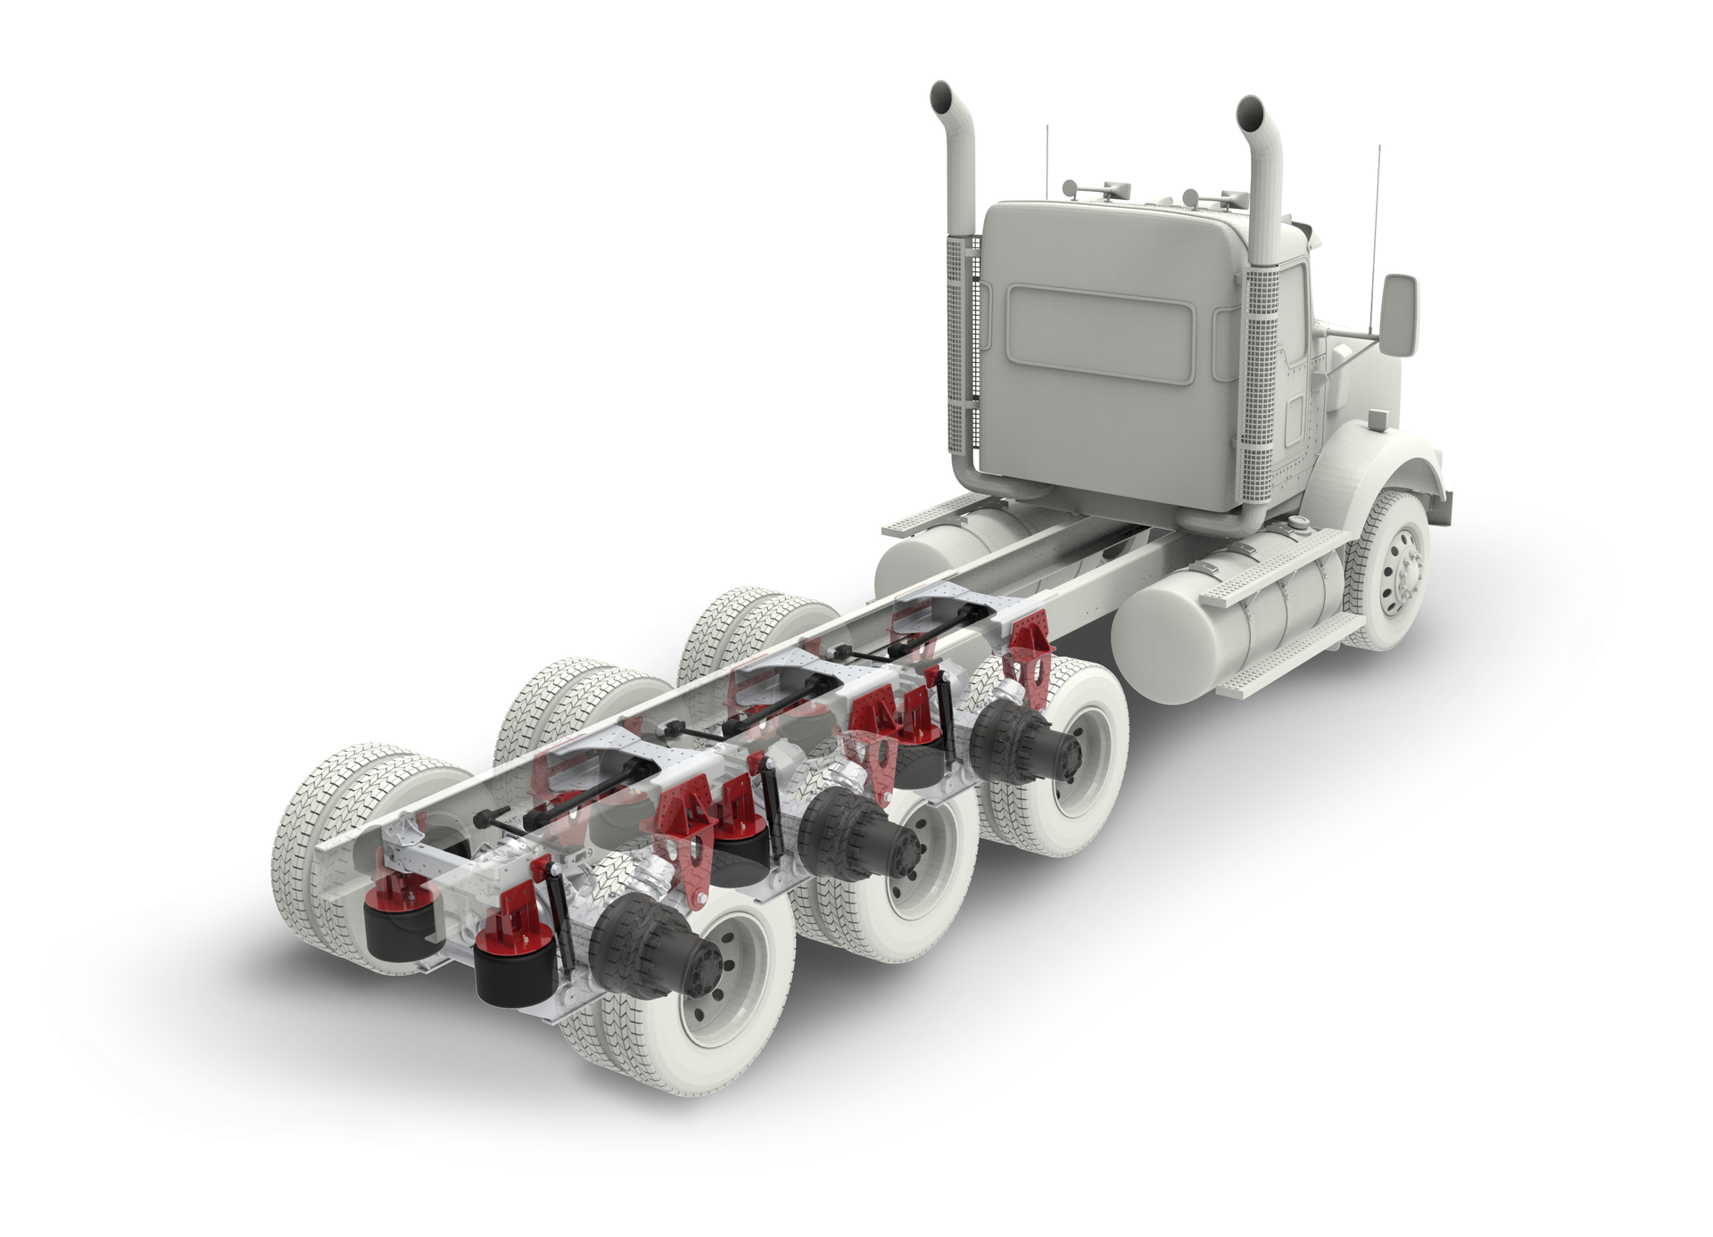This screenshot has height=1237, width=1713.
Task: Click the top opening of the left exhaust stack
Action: tap(942, 96)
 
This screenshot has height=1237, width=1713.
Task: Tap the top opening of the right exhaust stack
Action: tap(1250, 111)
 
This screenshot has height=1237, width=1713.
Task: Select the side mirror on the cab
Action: tap(1399, 316)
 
